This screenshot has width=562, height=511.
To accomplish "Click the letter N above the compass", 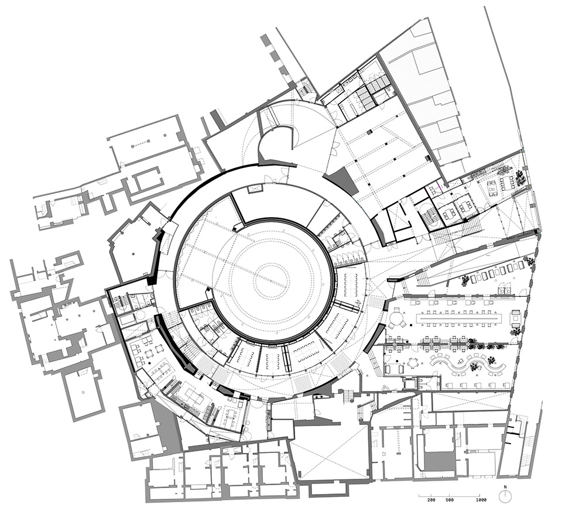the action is [x=505, y=487].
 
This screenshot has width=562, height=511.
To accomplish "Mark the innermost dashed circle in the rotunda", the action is [x=270, y=278].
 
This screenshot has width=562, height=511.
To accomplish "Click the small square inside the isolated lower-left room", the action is [x=84, y=392].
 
